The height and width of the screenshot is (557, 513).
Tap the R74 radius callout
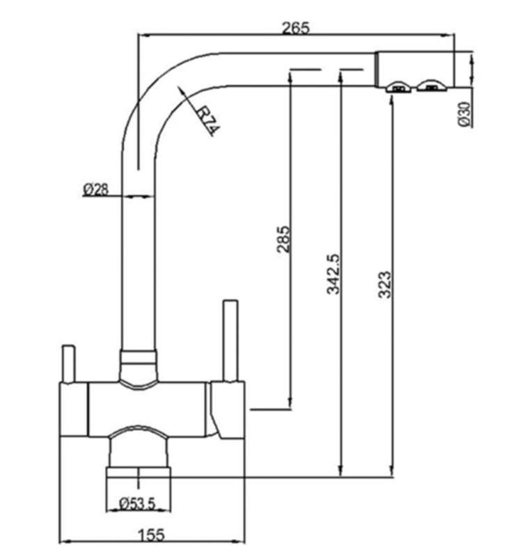point(203,120)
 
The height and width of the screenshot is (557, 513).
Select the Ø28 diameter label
point(97,189)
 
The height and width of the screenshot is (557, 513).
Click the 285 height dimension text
point(283,239)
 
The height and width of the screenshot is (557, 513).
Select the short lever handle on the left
point(68,362)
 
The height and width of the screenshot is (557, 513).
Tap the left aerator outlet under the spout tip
point(397,87)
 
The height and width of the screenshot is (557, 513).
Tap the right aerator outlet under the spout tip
point(432,87)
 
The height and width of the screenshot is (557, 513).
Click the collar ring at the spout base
point(139,361)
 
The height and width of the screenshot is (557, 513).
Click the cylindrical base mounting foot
point(138,480)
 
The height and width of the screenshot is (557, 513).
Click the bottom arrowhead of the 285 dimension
point(290,405)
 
